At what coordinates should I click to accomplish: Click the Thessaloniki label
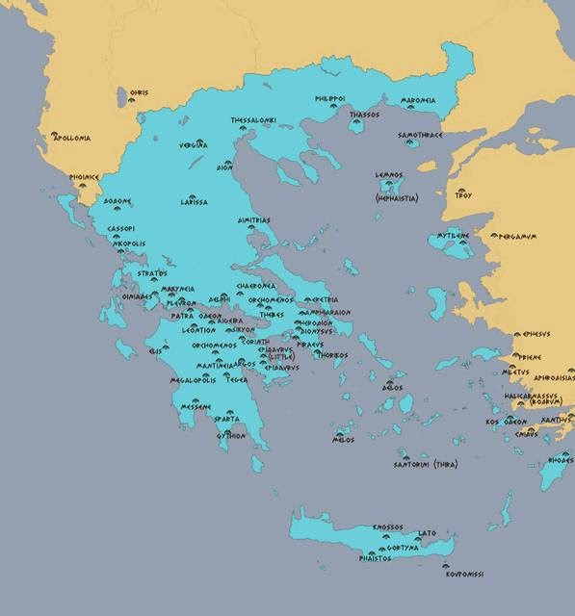252,120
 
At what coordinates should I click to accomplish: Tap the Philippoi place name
330,98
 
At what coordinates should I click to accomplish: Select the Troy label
463,195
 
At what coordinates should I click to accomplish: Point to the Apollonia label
72,138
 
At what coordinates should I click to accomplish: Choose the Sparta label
226,420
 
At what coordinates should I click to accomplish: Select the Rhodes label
561,460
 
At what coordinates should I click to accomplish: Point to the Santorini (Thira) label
425,464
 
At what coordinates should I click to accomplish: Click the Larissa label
194,202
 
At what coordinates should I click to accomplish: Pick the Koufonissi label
464,575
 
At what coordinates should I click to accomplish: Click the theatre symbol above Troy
460,188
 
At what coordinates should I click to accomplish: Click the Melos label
343,440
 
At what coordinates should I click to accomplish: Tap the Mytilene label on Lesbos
452,235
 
